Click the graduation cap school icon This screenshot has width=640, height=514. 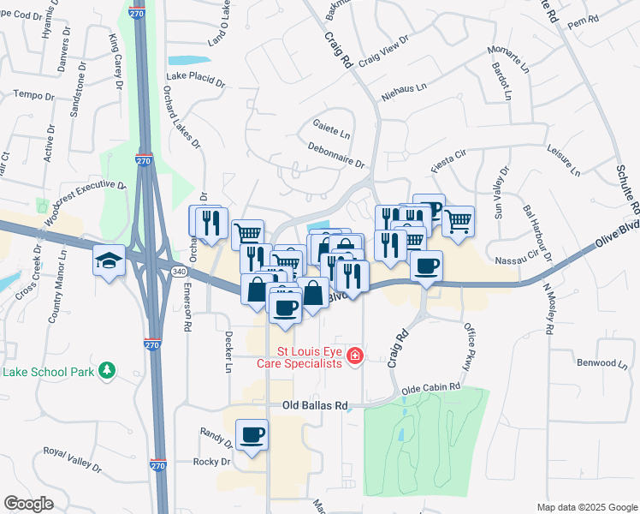pyautogui.click(x=110, y=260)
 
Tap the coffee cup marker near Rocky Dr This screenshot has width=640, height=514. pyautogui.click(x=252, y=435)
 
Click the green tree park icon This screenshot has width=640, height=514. pyautogui.click(x=107, y=370)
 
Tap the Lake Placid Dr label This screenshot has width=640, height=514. pyautogui.click(x=195, y=83)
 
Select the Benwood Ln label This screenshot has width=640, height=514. pyautogui.click(x=604, y=363)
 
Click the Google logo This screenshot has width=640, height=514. pyautogui.click(x=29, y=503)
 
